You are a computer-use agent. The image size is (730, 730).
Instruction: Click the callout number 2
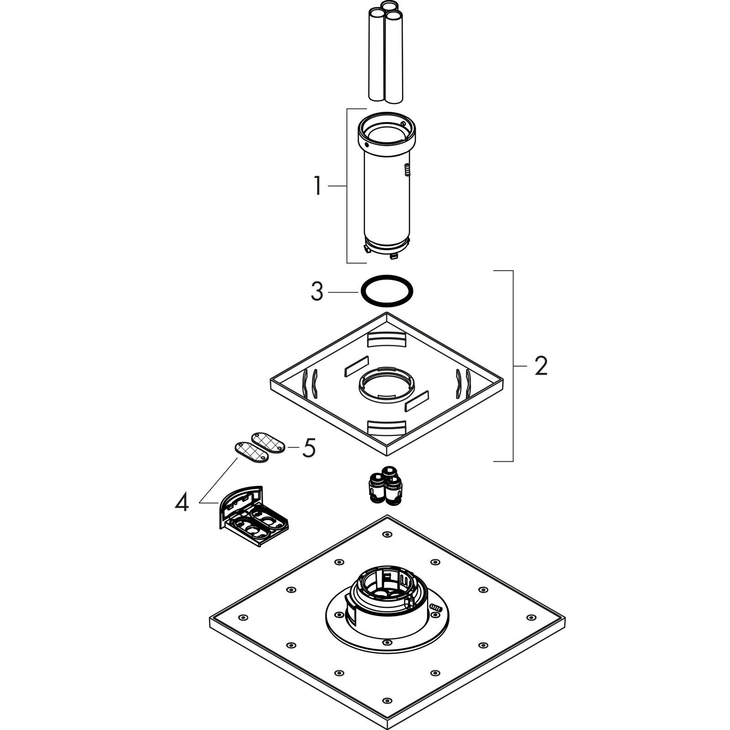(x=541, y=366)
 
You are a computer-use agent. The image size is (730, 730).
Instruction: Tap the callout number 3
(x=317, y=292)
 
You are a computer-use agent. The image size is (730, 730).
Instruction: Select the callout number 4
(x=182, y=503)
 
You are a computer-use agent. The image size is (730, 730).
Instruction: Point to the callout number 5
(x=309, y=448)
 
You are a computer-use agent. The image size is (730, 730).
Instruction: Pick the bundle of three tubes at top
(x=386, y=50)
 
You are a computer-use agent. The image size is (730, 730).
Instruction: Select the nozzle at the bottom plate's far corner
(x=387, y=534)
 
